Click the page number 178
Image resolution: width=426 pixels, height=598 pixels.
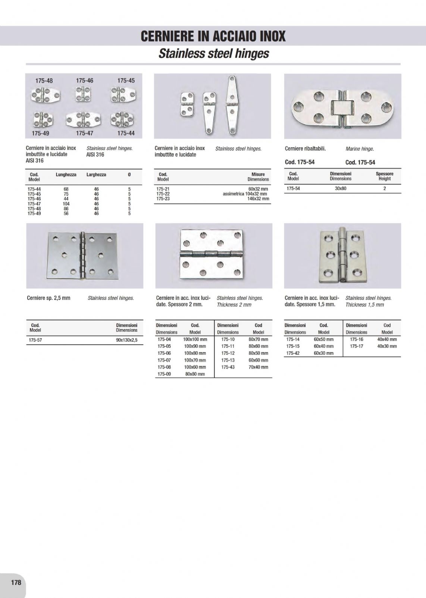[16, 582]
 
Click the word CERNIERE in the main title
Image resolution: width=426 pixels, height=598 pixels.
[166, 36]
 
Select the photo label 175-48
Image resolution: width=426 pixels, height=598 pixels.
[44, 81]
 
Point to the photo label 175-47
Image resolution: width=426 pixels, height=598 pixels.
[85, 133]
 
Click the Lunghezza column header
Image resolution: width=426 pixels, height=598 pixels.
[66, 175]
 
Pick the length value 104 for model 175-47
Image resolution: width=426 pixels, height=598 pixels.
[66, 204]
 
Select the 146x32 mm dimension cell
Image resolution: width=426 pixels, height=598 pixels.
[258, 199]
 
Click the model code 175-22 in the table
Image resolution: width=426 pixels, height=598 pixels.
[163, 194]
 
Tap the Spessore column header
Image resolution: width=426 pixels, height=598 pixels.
[384, 174]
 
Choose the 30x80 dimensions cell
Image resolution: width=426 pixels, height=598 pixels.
[340, 189]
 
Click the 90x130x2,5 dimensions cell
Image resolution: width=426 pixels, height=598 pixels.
[126, 340]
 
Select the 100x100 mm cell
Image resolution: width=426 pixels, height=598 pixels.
[195, 339]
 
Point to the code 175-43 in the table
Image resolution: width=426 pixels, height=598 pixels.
[228, 367]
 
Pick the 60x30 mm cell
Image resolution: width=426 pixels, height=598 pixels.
[323, 353]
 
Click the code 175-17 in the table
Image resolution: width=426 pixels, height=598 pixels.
[357, 346]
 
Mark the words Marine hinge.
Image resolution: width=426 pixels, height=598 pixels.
[360, 149]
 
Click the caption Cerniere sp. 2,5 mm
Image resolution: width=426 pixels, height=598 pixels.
[48, 298]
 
